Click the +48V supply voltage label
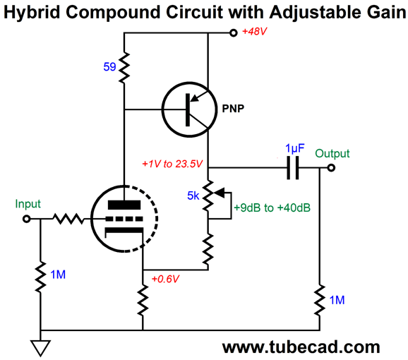point(254,32)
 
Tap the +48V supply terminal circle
point(234,32)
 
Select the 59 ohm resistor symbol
point(124,68)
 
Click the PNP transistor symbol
point(189,109)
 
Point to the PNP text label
point(233,109)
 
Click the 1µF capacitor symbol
point(293,168)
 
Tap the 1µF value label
point(295,148)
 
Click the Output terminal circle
point(331,168)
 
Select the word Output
point(332,153)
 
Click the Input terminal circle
point(26,219)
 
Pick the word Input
point(28,204)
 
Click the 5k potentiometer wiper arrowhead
point(219,193)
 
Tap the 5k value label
point(193,196)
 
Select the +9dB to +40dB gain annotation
point(272,208)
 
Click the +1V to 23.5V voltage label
point(172,164)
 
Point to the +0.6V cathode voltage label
point(165,279)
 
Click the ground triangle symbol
point(41,348)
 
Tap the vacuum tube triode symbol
point(124,219)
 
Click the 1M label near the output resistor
point(337,300)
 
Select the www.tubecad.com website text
point(301,347)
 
